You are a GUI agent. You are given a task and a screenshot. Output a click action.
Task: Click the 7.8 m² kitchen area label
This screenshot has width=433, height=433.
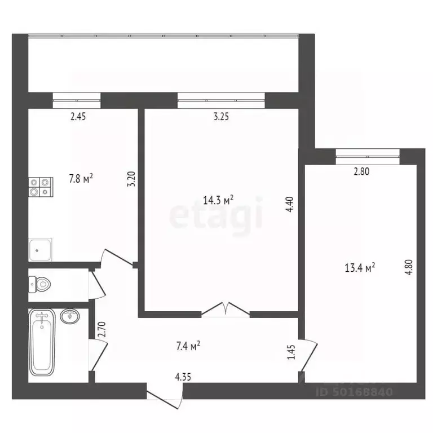(x=81, y=178)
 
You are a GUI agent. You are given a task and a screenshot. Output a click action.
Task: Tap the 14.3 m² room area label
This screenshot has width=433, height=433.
(x=218, y=199)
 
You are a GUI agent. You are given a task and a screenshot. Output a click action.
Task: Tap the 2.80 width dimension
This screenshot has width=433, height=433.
(x=361, y=173)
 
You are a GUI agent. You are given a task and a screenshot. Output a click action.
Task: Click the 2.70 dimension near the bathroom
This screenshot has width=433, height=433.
(x=102, y=329)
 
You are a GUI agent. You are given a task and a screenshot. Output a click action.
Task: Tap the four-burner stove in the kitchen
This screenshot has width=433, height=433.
(x=41, y=187)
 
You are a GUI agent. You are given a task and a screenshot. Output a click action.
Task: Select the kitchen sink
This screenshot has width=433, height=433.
(x=40, y=248)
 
